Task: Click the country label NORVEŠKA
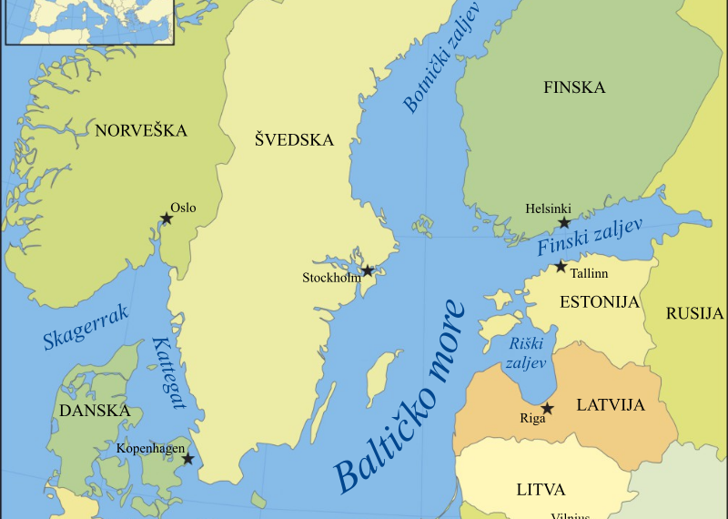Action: pyautogui.click(x=141, y=131)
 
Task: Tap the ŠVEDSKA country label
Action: pyautogui.click(x=294, y=140)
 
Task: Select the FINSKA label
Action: pyautogui.click(x=574, y=88)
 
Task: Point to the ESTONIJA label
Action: pyautogui.click(x=600, y=302)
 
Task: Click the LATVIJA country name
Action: pyautogui.click(x=610, y=404)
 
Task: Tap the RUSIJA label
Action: pyautogui.click(x=694, y=314)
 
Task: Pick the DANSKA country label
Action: pyautogui.click(x=95, y=412)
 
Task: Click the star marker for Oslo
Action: pyautogui.click(x=167, y=219)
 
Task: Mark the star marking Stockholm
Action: pyautogui.click(x=368, y=270)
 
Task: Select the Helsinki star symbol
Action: pyautogui.click(x=564, y=222)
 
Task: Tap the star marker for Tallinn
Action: pyautogui.click(x=561, y=266)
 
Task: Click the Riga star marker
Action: pyautogui.click(x=547, y=409)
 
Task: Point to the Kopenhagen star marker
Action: pyautogui.click(x=188, y=459)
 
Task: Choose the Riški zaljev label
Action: pyautogui.click(x=524, y=352)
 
